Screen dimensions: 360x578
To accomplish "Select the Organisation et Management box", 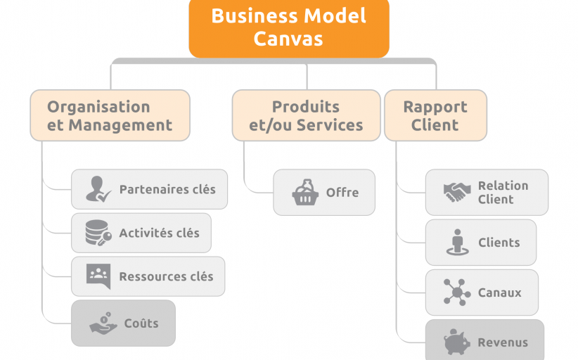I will [110, 116].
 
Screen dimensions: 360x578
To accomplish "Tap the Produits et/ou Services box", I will [306, 116].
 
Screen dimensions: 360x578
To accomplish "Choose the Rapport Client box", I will [435, 116].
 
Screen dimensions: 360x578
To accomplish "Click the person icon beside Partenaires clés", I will [98, 189].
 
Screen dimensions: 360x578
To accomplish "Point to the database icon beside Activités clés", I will [98, 233].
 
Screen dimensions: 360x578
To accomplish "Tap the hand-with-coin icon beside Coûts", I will [103, 324].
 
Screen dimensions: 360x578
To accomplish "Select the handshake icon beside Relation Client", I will [457, 192].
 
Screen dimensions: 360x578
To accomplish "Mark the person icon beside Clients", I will [457, 243].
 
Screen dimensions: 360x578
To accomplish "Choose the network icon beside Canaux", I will [457, 292].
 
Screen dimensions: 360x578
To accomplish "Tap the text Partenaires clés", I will [167, 189].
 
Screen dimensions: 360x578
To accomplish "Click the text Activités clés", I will [159, 233].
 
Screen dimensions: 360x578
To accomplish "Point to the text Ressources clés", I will [166, 277].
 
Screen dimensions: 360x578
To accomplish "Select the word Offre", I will [342, 192].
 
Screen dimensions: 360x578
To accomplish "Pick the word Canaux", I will [500, 292].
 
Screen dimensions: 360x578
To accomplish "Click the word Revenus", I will [503, 343].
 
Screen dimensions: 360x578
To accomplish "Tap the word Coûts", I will [141, 324].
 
